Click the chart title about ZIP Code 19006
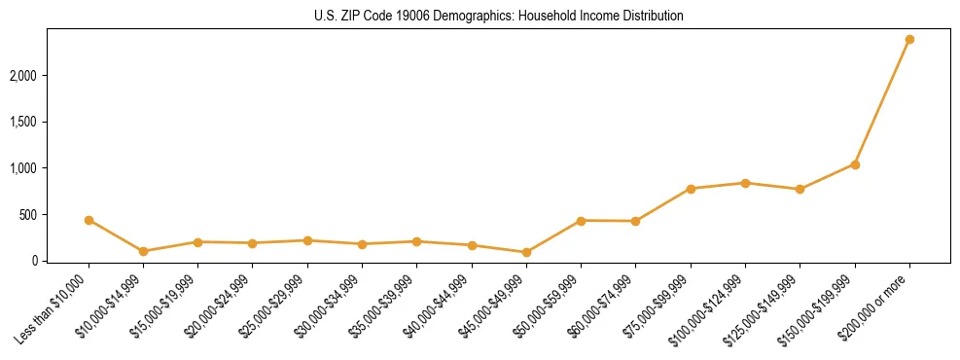(x=480, y=17)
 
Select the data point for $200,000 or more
(x=909, y=39)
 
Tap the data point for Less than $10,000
(x=89, y=220)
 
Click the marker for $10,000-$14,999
(x=143, y=251)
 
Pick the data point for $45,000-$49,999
(x=526, y=252)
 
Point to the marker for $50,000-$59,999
(x=581, y=221)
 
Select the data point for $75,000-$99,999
(x=691, y=189)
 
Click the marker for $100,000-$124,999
(x=745, y=183)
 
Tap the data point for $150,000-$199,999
(x=855, y=164)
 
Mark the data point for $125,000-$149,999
(x=800, y=189)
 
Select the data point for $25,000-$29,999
(x=307, y=240)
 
